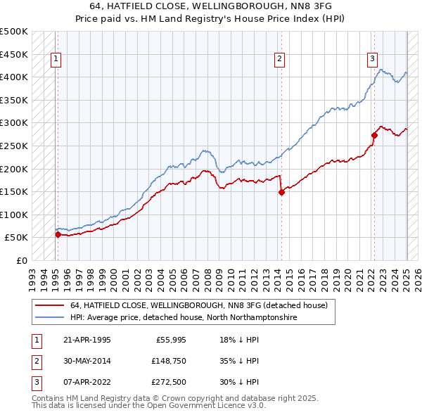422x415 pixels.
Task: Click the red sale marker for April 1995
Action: tap(58, 235)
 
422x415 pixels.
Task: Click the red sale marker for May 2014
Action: tap(281, 192)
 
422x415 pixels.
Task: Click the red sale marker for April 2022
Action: tap(374, 135)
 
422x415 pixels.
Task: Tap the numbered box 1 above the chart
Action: tap(56, 59)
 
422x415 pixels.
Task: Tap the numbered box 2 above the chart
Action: tap(279, 59)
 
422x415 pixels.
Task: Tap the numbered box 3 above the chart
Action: tap(372, 59)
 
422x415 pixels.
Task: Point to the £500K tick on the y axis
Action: tap(14, 32)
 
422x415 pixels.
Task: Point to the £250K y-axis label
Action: tap(14, 146)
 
